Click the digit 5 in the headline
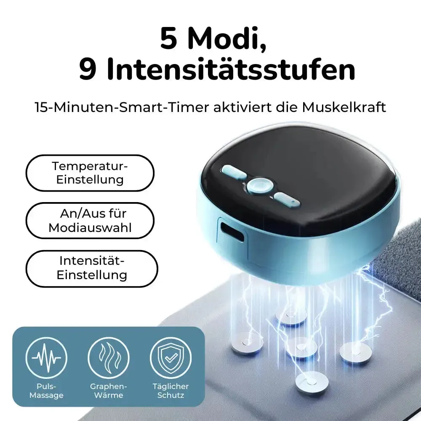(169, 38)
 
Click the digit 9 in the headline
(88, 69)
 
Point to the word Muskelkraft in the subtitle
(344, 107)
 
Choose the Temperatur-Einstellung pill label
(90, 173)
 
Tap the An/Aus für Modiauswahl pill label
(90, 221)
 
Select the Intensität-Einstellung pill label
(92, 268)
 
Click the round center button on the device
(259, 186)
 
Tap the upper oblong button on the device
(234, 172)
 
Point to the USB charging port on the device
(232, 230)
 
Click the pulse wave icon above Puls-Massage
(46, 357)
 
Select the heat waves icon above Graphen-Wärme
(109, 357)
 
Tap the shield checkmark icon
(171, 357)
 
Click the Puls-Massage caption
(46, 391)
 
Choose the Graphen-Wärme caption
(109, 391)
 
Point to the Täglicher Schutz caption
(171, 391)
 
